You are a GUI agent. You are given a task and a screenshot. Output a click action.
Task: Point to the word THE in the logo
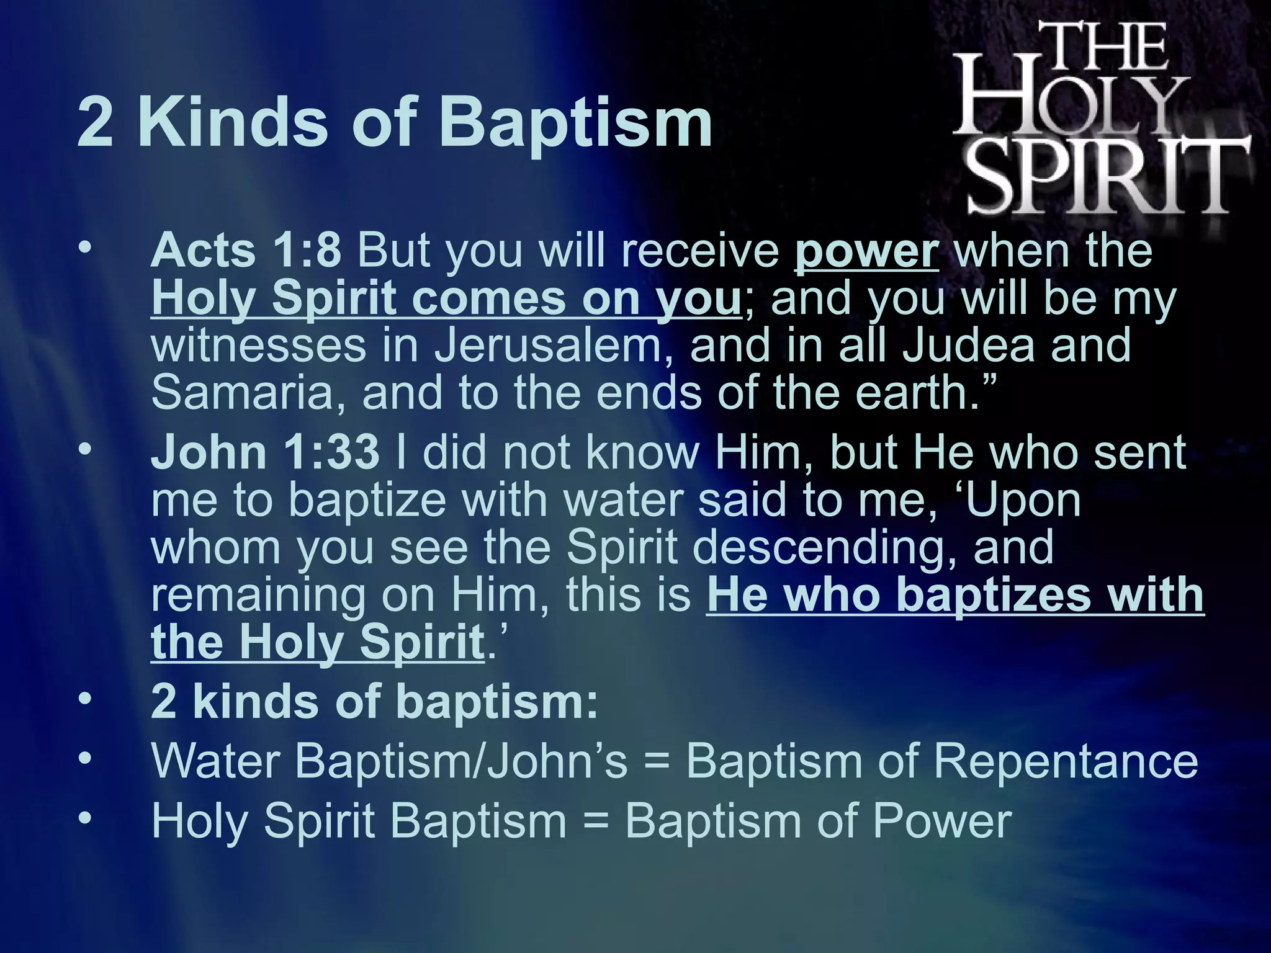[x=1108, y=47]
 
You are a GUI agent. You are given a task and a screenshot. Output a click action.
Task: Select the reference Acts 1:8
[x=246, y=251]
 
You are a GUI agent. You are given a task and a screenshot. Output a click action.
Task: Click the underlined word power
[x=866, y=251]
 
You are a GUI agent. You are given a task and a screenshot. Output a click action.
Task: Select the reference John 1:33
[x=265, y=453]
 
